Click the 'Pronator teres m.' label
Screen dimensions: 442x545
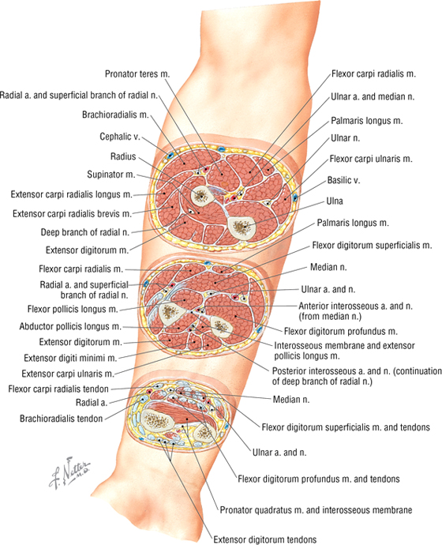(137, 74)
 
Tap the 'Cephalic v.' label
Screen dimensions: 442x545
(120, 137)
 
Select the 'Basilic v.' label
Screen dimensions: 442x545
(343, 180)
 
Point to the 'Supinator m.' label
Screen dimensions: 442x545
(111, 175)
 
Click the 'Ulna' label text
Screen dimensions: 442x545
(335, 201)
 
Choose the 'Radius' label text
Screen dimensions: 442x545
(123, 156)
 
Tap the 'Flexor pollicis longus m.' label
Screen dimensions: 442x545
(73, 309)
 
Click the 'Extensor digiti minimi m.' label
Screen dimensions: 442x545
(70, 358)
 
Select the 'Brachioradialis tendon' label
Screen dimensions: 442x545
(61, 419)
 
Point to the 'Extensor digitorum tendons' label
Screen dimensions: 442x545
(265, 539)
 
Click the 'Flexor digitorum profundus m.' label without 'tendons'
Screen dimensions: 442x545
(341, 331)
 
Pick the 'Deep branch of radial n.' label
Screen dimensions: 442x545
(85, 232)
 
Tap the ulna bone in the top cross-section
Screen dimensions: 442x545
(241, 227)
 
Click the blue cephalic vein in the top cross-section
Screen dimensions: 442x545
(170, 156)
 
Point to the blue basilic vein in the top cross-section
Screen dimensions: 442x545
(295, 197)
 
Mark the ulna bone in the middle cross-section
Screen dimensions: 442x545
(221, 327)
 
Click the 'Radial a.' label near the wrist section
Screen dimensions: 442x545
(92, 403)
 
